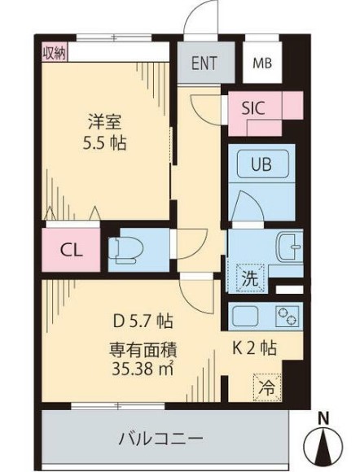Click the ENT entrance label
pos(204,63)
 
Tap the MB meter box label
pos(262,63)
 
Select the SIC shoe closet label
pos(253,107)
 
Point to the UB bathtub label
pos(261,164)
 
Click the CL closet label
pos(71,250)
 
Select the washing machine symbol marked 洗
pos(250,278)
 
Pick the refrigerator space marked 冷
pos(267,387)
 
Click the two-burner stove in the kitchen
pos(288,317)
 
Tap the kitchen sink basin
pos(245,317)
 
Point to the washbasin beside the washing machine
pos(290,247)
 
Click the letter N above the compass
pos(324,418)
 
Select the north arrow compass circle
pos(323,446)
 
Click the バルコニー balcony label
pos(160,439)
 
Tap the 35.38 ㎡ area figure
pos(143,368)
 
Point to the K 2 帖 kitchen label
pos(254,348)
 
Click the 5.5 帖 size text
pos(104,142)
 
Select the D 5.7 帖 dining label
pos(143,321)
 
